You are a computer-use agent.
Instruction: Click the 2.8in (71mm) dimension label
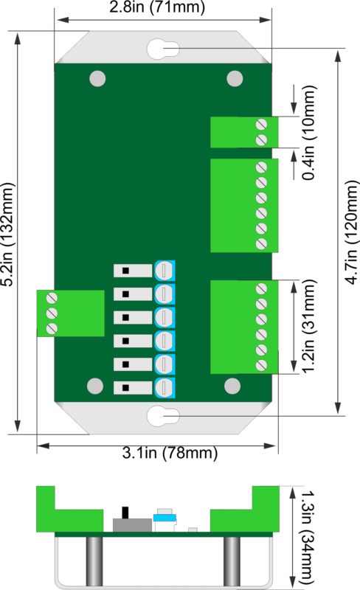click(157, 7)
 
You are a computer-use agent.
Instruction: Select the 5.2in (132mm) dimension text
click(8, 235)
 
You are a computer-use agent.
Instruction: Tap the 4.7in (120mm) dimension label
click(351, 232)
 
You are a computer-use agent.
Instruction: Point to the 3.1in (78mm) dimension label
click(170, 452)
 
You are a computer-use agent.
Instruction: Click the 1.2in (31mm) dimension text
click(309, 326)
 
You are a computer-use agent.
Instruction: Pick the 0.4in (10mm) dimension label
click(309, 133)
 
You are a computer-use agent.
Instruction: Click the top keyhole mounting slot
click(163, 49)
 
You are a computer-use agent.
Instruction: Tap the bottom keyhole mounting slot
click(163, 416)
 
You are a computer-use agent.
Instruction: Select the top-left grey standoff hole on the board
click(97, 79)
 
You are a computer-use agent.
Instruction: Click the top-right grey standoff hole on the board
click(235, 79)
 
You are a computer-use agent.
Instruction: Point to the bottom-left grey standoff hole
click(95, 386)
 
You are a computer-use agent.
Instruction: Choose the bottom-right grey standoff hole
click(232, 386)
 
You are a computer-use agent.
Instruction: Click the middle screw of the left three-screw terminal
click(51, 313)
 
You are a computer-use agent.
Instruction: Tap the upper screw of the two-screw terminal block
click(261, 124)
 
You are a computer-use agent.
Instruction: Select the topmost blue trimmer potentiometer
click(165, 270)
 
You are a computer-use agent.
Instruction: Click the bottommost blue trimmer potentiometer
click(165, 388)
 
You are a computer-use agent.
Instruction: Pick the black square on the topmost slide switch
click(125, 271)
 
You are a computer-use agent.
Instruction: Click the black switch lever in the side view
click(125, 513)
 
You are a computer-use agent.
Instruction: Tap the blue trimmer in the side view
click(165, 518)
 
